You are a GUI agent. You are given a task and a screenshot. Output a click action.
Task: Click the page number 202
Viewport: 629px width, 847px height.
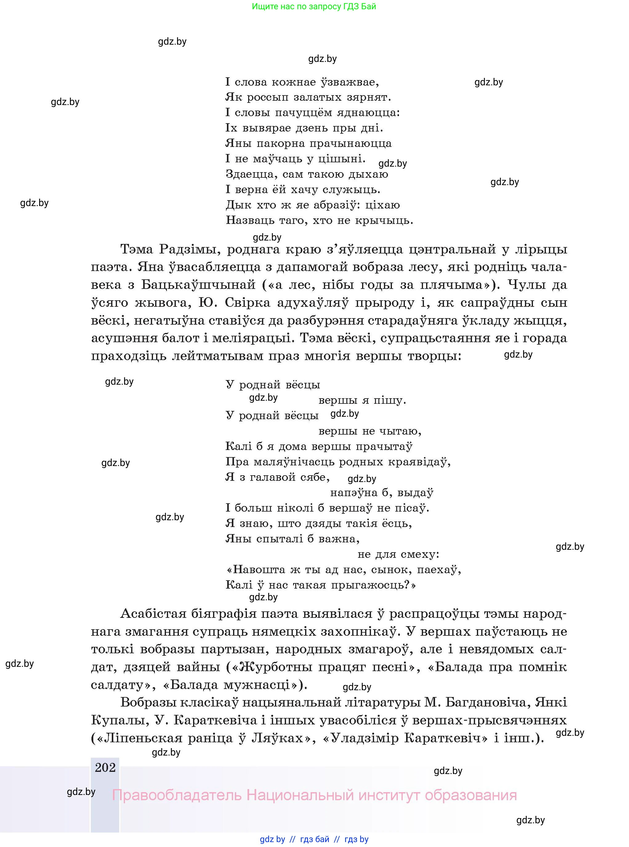[x=105, y=768]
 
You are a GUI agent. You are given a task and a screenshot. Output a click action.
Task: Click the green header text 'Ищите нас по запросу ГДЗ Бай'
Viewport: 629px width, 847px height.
[x=314, y=6]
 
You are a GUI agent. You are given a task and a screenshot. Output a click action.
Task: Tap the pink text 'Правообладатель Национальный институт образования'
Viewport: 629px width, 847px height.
[x=314, y=795]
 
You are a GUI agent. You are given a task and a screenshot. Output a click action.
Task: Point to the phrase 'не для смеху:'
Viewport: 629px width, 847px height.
[x=398, y=554]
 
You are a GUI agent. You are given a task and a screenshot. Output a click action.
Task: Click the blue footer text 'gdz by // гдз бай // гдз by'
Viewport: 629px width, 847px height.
[x=314, y=839]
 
